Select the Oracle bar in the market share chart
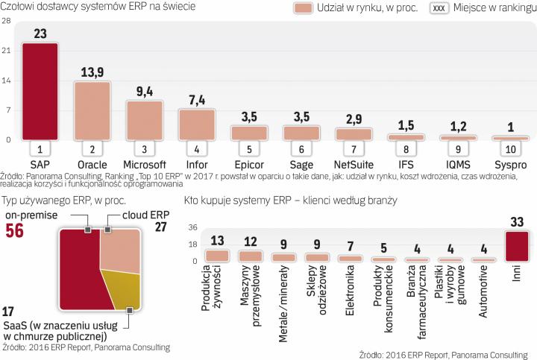click(x=92, y=110)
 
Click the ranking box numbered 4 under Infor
click(x=196, y=148)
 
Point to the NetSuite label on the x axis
click(x=353, y=163)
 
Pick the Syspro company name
click(x=509, y=163)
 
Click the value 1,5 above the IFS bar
click(x=405, y=125)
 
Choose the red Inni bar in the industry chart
click(x=517, y=246)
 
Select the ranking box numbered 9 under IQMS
click(x=457, y=148)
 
